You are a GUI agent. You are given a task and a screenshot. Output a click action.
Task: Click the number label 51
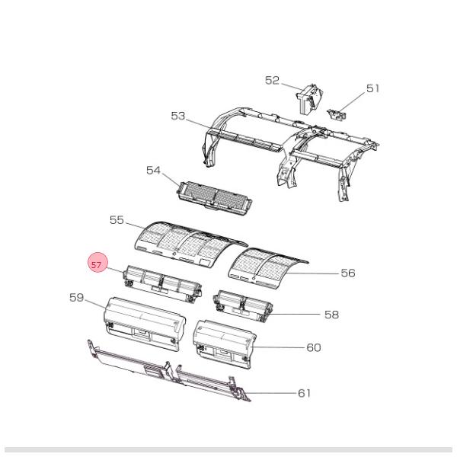(372, 88)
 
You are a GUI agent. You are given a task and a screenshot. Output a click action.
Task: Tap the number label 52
(273, 80)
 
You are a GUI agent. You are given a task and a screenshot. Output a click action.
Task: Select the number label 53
(178, 116)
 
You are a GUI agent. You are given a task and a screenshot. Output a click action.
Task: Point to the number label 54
(154, 171)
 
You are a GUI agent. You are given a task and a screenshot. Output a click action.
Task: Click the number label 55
(117, 219)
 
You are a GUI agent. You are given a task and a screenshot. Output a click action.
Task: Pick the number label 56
(347, 273)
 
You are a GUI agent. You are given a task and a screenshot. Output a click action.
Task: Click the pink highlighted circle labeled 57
(97, 264)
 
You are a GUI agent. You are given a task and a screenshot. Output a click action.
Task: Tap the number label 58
(331, 314)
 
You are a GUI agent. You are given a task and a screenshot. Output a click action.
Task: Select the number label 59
(77, 298)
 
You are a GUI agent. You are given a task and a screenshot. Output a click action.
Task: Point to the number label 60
(313, 347)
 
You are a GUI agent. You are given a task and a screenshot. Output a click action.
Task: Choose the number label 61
(304, 393)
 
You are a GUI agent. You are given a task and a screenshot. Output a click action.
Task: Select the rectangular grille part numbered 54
(215, 196)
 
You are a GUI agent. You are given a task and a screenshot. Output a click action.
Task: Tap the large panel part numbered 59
(145, 323)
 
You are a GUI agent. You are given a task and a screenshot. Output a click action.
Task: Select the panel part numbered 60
(223, 340)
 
